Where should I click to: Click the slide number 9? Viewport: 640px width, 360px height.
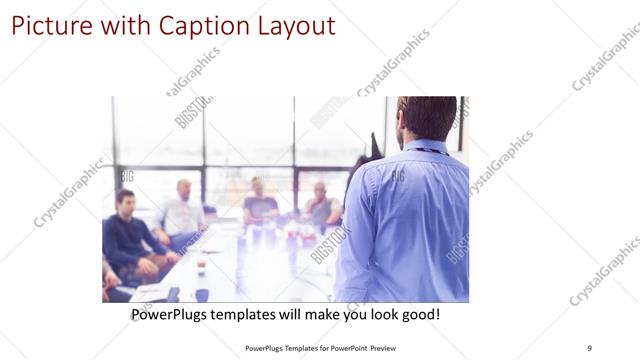[x=589, y=347]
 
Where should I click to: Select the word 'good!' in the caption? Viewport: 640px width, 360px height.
[x=418, y=315]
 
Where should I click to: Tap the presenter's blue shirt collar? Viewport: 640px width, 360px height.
[x=426, y=146]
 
